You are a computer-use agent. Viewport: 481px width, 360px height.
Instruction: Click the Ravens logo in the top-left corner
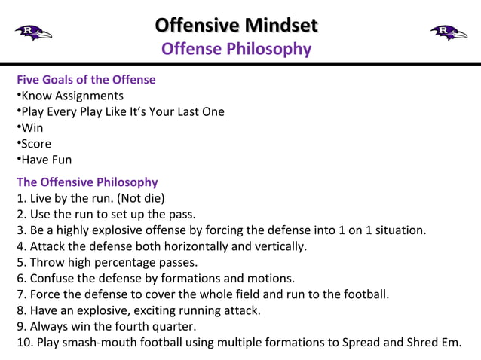[x=32, y=32]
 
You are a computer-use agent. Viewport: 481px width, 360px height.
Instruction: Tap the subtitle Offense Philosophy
[x=236, y=49]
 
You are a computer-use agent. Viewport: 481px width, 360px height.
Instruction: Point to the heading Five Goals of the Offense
[x=86, y=80]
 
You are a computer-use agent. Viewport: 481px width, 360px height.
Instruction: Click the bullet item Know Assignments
[x=72, y=96]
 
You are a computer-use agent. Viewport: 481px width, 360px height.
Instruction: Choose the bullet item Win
[x=32, y=128]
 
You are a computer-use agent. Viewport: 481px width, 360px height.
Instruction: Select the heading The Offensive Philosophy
[x=87, y=182]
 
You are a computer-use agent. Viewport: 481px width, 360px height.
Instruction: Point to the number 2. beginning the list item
[x=21, y=215]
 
